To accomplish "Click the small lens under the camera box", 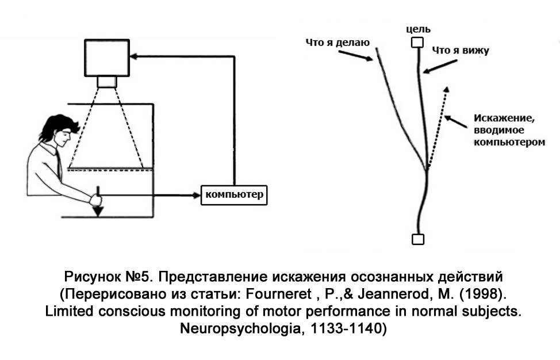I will point(106,82).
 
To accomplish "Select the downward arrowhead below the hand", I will point(98,210).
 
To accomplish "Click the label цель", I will point(418,29).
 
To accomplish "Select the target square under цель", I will point(418,43).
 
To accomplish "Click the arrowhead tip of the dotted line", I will point(446,89).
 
